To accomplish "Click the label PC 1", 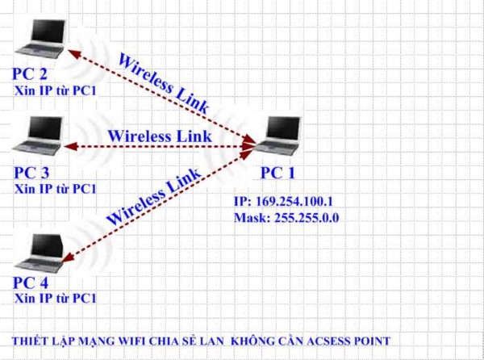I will [x=277, y=173].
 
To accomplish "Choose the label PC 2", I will [x=29, y=75].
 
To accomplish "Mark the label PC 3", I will [x=31, y=173].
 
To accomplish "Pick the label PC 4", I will [x=31, y=283].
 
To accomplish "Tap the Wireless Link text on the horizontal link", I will [x=159, y=136].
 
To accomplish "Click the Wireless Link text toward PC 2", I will [x=164, y=82].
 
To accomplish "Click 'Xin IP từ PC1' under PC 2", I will [x=55, y=90].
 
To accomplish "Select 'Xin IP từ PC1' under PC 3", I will [x=55, y=188].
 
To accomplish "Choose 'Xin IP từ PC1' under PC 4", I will [x=55, y=298].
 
